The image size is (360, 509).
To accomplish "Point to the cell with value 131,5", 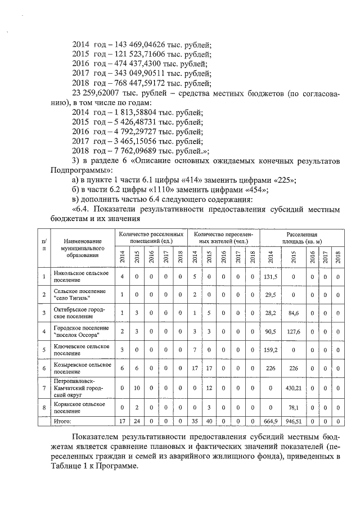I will [x=272, y=276].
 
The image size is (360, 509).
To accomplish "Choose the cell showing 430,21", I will [x=293, y=388].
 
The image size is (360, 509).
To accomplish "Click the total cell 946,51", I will [x=293, y=420].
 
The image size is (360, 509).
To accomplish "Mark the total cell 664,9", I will [x=272, y=420].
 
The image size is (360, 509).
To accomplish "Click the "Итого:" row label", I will [x=63, y=420].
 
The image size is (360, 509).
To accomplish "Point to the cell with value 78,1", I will [x=293, y=408].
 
